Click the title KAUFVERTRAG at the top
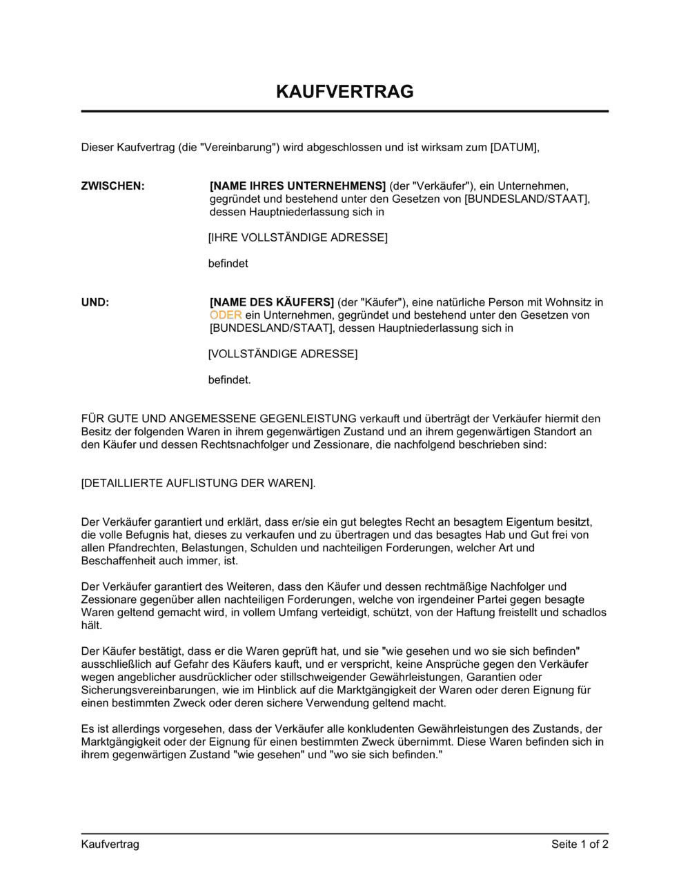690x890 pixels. pos(344,92)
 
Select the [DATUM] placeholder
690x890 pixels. pos(513,147)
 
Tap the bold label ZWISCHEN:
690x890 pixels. pos(113,186)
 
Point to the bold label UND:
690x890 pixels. pos(95,302)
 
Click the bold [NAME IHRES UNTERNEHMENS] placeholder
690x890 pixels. pos(297,186)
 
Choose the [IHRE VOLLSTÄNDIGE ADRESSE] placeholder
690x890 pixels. pos(298,237)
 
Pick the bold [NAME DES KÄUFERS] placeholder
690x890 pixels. pos(272,302)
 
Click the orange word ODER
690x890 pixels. pos(226,315)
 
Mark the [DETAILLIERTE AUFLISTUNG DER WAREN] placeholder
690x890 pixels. pos(197,483)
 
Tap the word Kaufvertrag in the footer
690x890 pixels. pos(110,844)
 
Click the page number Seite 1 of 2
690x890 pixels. pos(580,844)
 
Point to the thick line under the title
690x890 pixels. pos(344,111)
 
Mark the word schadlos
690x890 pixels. pos(584,613)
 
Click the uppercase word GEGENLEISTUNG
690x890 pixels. pos(298,419)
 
